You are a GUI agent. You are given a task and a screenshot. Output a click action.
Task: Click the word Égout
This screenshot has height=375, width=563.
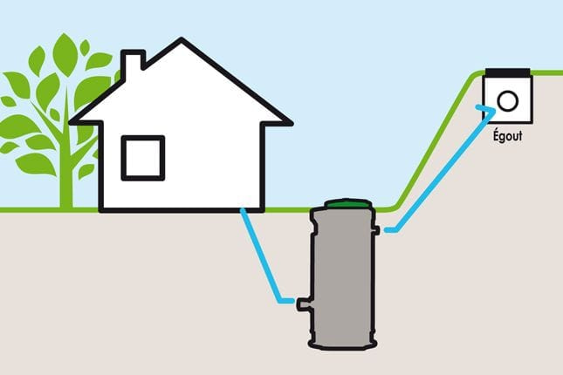click(x=507, y=136)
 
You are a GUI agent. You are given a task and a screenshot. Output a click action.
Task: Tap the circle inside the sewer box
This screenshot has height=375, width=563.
click(x=508, y=101)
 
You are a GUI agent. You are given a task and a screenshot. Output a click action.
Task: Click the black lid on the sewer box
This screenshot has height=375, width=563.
click(x=508, y=72)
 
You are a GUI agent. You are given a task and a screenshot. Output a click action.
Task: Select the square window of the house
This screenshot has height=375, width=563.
click(x=143, y=158)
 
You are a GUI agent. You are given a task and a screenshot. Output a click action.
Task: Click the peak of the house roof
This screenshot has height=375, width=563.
click(x=182, y=38)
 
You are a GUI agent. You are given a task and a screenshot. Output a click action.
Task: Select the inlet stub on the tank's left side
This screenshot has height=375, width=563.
click(x=303, y=304)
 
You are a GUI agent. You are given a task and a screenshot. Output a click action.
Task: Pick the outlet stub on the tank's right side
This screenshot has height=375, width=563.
click(x=376, y=229)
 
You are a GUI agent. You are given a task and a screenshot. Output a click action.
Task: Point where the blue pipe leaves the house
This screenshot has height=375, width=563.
click(x=243, y=210)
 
